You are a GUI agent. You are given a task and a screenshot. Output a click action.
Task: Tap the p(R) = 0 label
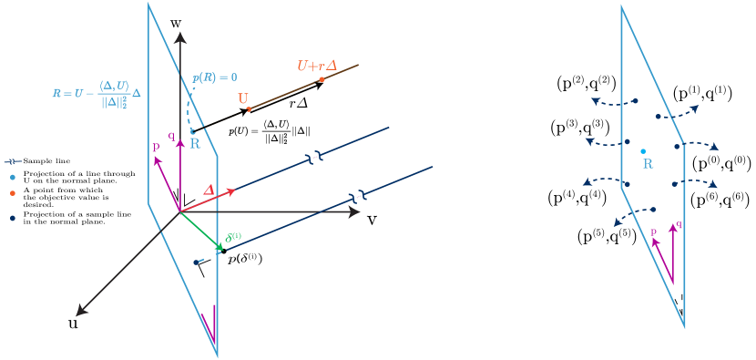coord(215,77)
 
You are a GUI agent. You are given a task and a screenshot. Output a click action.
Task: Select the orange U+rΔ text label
coord(318,66)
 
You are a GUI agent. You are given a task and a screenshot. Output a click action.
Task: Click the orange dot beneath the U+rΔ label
coord(322,80)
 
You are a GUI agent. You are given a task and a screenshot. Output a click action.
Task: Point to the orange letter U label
coord(243,98)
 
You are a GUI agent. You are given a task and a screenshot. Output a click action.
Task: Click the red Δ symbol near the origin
coord(209,190)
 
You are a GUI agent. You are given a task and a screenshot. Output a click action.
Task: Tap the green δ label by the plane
coord(232,237)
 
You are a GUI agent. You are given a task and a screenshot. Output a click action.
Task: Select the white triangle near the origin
coord(189,199)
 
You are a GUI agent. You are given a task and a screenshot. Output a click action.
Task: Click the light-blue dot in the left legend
coord(13,178)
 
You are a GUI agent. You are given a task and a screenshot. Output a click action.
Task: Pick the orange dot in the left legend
coord(13,193)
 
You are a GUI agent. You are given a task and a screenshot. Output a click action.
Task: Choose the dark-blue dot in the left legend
coord(13,218)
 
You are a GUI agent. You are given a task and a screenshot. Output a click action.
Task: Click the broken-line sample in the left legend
coord(13,161)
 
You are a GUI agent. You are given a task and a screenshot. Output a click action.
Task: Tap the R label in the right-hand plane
coord(649,164)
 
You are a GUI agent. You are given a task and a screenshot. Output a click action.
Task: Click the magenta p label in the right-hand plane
coord(653,233)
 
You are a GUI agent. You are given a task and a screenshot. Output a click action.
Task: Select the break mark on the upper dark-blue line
coord(314,159)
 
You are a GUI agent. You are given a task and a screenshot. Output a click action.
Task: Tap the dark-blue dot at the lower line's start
coord(196,262)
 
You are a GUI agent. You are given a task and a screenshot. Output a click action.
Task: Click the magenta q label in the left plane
coord(171,136)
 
